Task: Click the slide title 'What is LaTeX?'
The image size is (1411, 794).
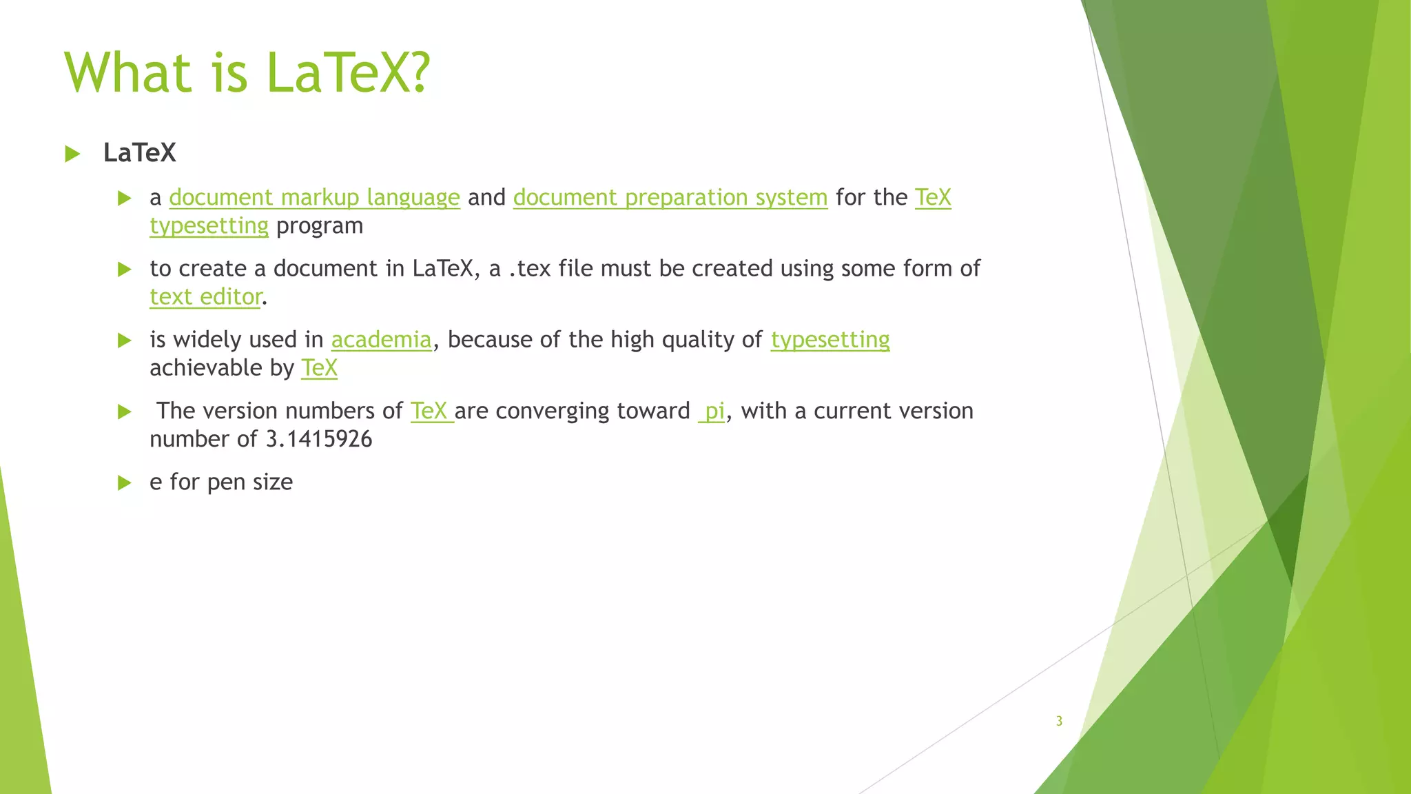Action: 247,72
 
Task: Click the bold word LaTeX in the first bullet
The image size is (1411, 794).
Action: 139,153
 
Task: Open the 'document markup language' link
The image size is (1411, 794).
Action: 314,198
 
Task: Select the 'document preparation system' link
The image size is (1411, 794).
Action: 670,198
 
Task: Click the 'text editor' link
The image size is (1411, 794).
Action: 205,297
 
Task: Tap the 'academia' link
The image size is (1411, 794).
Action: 381,340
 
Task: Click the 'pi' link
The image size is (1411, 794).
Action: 713,411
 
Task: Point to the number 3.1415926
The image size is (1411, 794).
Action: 318,440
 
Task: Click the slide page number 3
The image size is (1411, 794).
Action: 1059,721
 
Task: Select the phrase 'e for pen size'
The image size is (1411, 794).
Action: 220,482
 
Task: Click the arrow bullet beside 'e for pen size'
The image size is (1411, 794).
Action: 124,482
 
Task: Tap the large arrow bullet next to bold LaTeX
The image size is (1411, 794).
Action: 72,154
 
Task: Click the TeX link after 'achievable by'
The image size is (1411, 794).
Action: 319,369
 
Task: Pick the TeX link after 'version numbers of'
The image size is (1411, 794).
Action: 430,411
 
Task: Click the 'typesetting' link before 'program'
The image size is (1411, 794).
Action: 209,226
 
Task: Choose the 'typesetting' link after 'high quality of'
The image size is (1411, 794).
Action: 830,340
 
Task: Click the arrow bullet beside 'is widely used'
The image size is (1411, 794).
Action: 124,340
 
